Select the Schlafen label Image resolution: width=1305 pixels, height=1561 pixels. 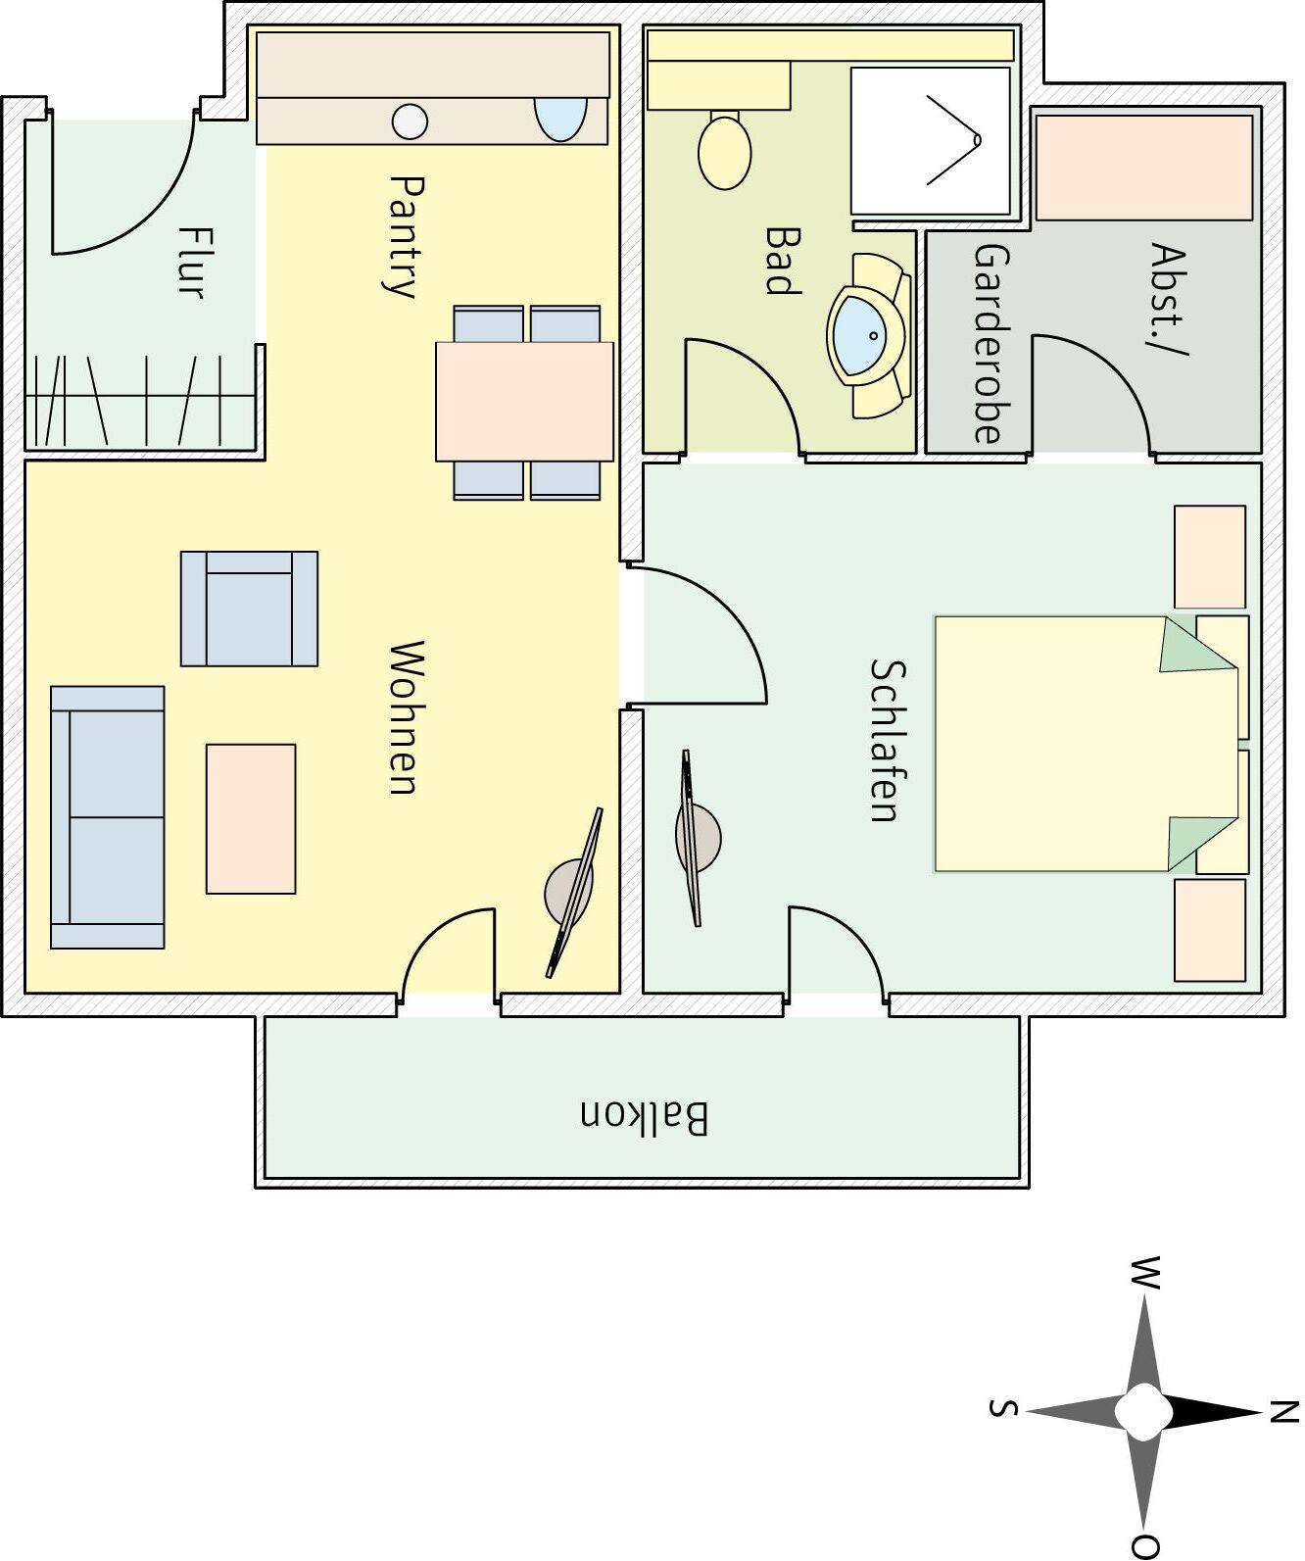[x=888, y=740]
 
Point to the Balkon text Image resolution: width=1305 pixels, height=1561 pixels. [x=645, y=1118]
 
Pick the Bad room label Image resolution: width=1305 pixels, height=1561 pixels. [x=784, y=261]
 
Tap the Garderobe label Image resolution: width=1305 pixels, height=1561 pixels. [x=991, y=343]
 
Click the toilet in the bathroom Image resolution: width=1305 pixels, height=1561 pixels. [x=724, y=150]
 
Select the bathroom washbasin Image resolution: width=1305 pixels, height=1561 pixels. [x=869, y=335]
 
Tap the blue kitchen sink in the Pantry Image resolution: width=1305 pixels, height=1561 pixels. [x=559, y=119]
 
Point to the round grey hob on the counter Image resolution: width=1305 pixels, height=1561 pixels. [x=410, y=122]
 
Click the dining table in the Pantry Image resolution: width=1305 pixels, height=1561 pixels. [x=525, y=402]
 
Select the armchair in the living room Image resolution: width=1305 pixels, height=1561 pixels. [x=249, y=609]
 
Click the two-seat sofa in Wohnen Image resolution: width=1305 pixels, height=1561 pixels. [x=108, y=817]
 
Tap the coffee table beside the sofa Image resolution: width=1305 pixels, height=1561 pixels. [x=251, y=818]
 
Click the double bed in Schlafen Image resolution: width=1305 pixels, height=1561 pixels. [x=1086, y=744]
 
